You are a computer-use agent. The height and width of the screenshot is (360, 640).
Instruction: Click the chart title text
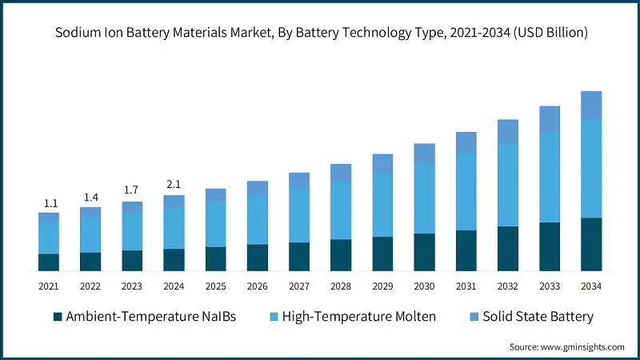tap(320, 33)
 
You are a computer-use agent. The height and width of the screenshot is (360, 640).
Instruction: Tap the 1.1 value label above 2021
tap(49, 203)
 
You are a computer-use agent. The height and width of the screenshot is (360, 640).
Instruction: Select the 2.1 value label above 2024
tap(174, 185)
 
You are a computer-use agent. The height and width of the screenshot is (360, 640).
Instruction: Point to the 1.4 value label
tap(90, 197)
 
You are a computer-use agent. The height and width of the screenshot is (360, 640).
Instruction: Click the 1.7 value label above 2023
tap(132, 190)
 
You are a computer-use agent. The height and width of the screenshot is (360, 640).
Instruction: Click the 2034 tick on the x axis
tap(590, 286)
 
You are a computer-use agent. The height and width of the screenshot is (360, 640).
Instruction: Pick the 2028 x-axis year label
tap(341, 286)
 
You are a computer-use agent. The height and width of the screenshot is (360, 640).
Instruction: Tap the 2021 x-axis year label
tap(49, 286)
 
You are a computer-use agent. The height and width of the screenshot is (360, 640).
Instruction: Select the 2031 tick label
tap(466, 286)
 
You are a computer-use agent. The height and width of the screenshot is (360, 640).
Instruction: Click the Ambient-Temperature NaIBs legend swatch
tap(58, 317)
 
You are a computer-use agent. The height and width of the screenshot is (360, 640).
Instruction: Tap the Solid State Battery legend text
tap(541, 317)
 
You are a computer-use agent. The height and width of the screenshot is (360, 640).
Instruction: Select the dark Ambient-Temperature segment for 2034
tap(590, 244)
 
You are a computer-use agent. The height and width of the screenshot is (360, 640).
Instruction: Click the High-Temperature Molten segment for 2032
tap(507, 185)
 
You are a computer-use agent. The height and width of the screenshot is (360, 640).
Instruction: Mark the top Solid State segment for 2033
tap(549, 118)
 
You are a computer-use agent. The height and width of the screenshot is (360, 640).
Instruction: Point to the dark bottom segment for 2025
tap(215, 258)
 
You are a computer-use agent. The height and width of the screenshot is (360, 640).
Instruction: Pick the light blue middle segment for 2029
tap(382, 204)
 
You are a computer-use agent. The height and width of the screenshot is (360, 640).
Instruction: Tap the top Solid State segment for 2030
tap(424, 153)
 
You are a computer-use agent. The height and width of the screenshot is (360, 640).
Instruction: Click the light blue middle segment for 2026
tap(257, 219)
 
